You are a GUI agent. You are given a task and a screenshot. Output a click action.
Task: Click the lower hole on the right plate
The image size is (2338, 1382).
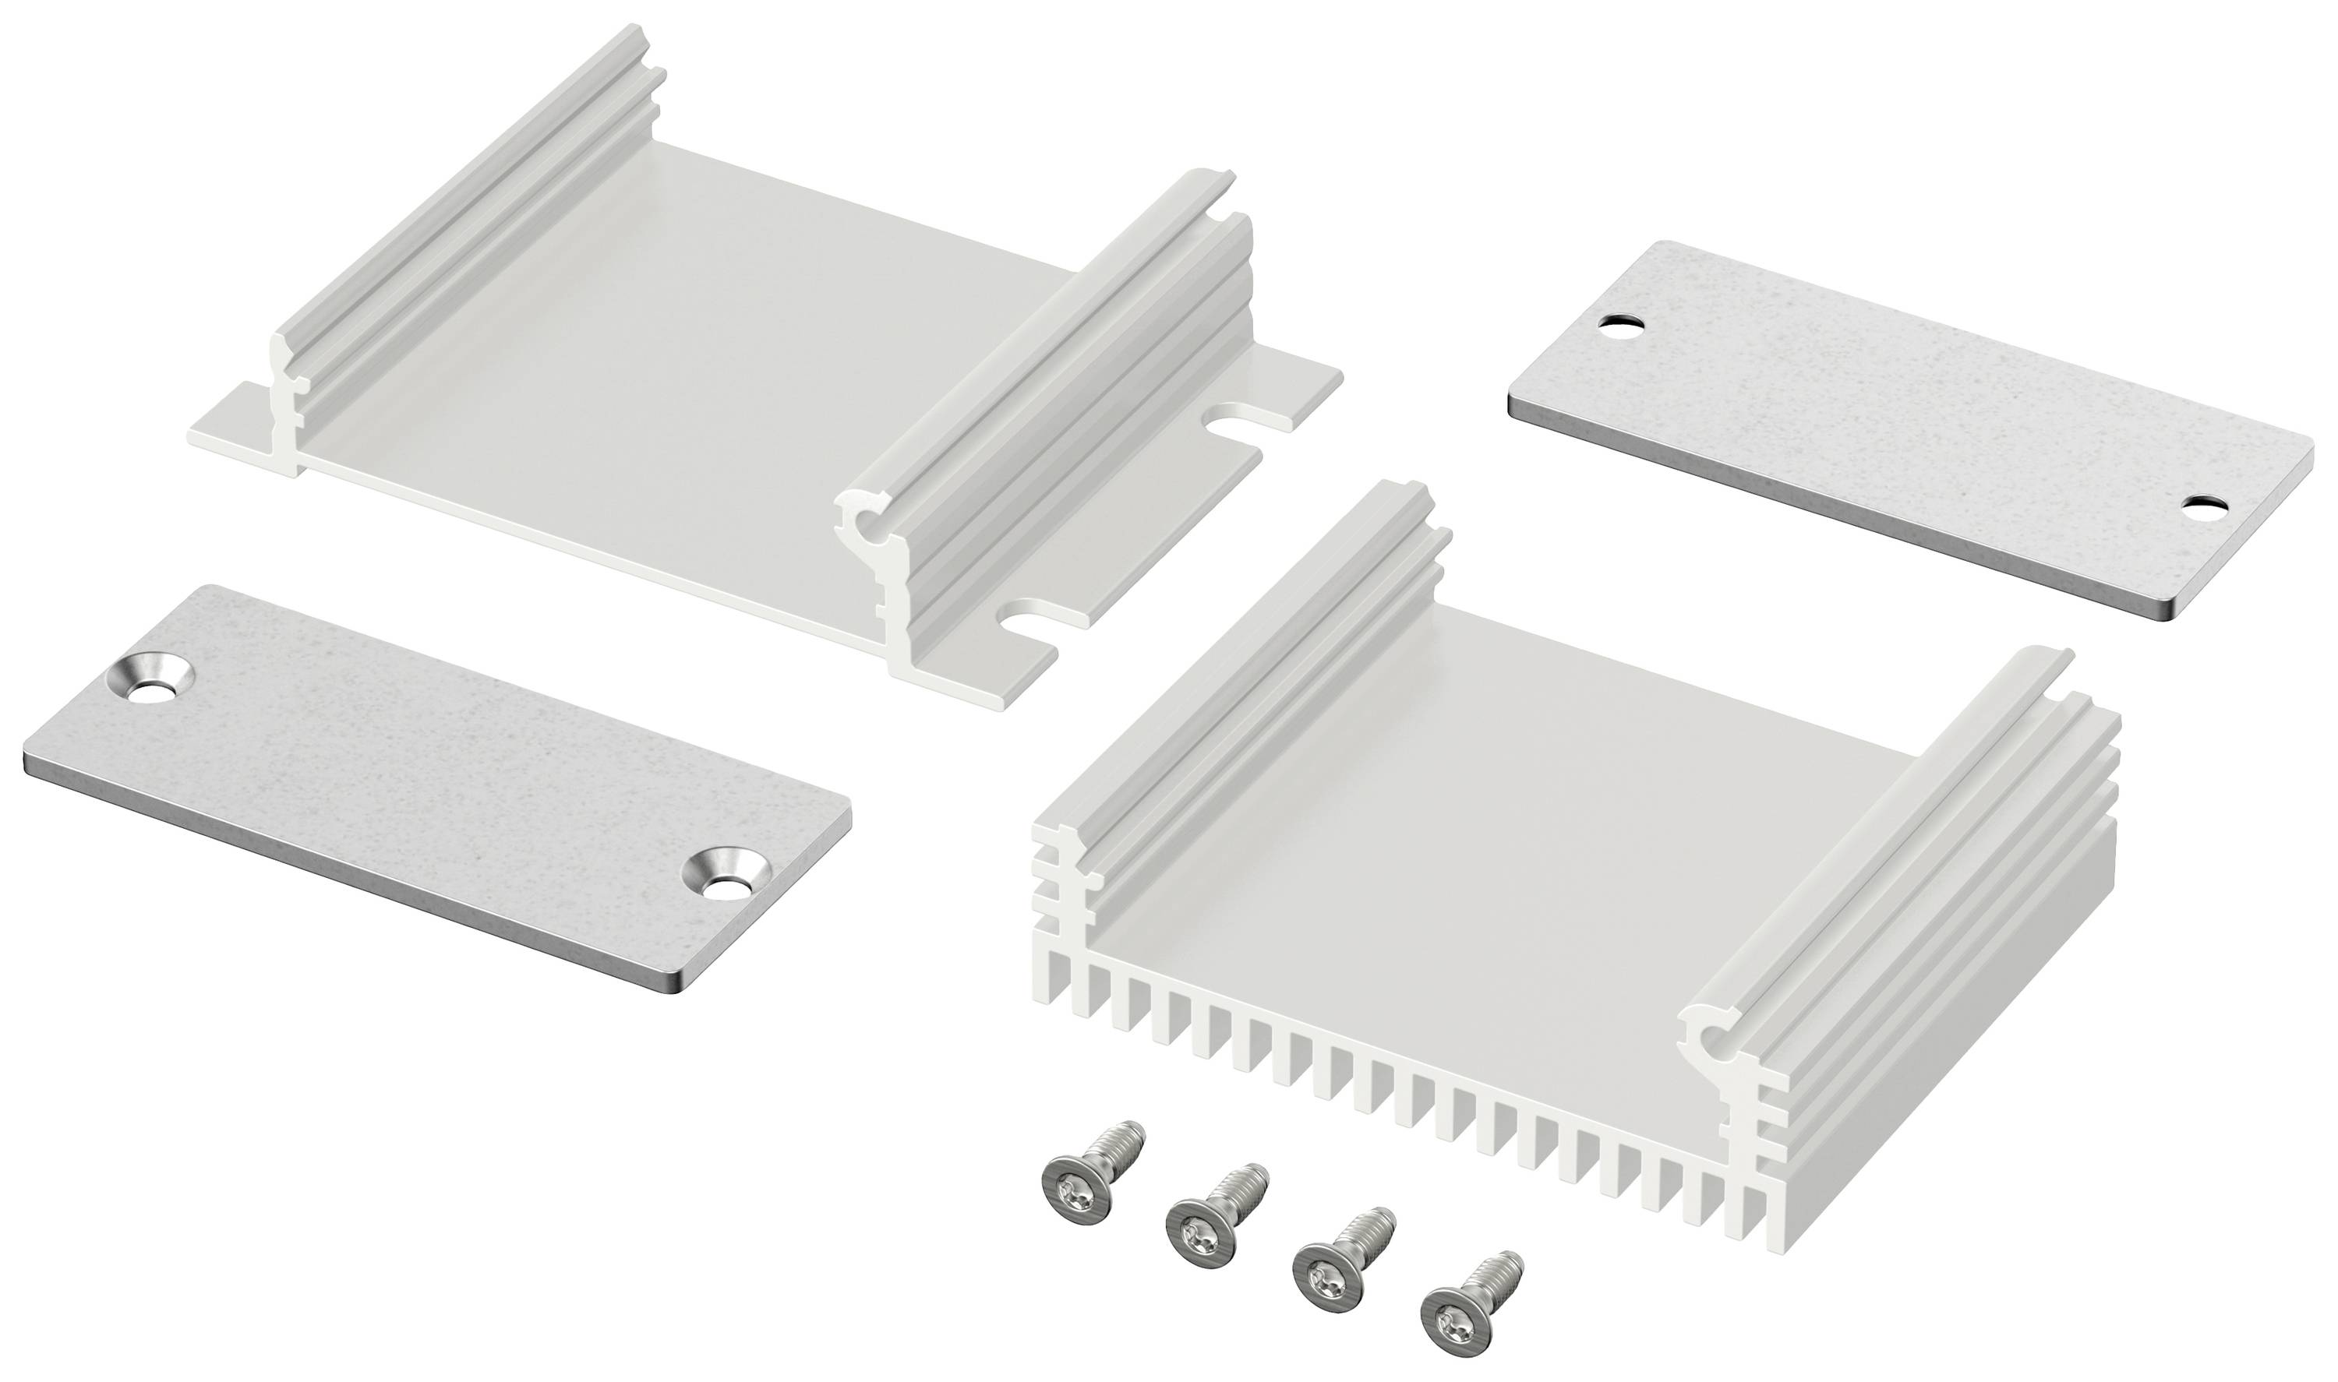click(2200, 509)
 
